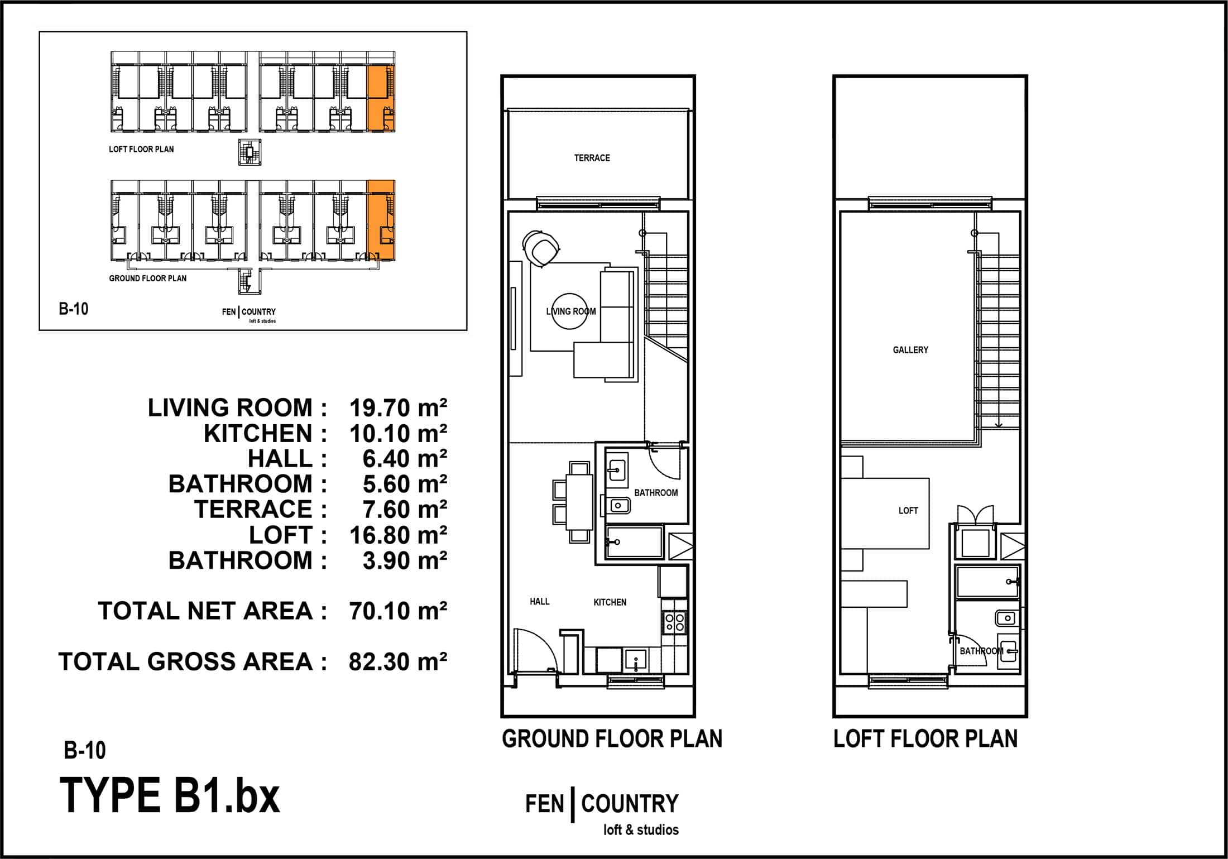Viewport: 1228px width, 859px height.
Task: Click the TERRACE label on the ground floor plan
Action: click(x=592, y=158)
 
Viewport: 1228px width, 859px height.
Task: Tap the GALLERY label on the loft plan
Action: click(x=910, y=350)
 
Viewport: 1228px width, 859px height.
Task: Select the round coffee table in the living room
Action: click(x=569, y=311)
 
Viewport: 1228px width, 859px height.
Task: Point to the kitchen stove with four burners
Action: click(x=674, y=622)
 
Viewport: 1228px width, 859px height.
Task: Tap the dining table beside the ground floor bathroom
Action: click(x=579, y=502)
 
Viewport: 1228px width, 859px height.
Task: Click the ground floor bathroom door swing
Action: click(x=665, y=462)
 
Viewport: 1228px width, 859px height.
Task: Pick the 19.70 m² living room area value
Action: click(x=398, y=407)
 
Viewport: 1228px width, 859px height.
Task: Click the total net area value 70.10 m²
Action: click(x=398, y=611)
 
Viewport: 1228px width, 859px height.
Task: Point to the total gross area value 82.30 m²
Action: click(x=398, y=661)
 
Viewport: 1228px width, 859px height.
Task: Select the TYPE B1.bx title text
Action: click(x=170, y=795)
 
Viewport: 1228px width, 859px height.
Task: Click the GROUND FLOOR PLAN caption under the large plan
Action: click(x=612, y=738)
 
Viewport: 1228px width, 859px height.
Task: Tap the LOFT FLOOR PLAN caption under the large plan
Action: click(x=925, y=738)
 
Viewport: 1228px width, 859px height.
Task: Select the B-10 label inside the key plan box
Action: click(x=74, y=309)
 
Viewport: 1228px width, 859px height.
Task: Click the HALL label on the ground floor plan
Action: click(x=539, y=601)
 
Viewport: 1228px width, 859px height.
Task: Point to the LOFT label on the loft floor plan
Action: click(x=908, y=511)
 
